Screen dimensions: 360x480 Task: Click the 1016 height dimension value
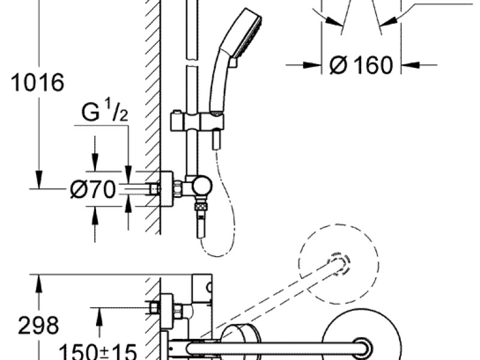pos(37,83)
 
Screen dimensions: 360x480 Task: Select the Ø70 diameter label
pos(92,190)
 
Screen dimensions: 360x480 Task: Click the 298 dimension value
pos(38,326)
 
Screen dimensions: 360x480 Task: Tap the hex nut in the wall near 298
pos(155,308)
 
